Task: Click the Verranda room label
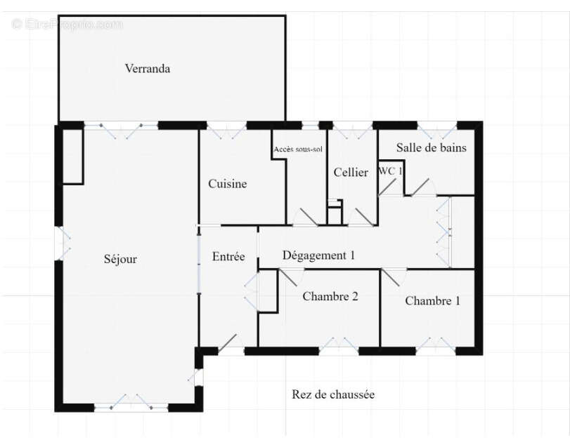[147, 68]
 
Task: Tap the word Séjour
[120, 259]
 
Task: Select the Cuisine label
[228, 184]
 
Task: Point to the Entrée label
[228, 257]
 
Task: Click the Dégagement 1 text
[318, 255]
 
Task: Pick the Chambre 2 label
[330, 296]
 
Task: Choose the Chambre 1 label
[432, 300]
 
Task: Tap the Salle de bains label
[431, 147]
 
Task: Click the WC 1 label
[390, 171]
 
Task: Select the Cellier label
[351, 172]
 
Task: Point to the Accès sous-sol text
[298, 149]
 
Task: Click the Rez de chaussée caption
[333, 394]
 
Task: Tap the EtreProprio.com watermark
[67, 25]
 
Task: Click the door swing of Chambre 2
[291, 278]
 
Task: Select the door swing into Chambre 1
[394, 278]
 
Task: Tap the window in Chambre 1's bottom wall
[436, 347]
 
